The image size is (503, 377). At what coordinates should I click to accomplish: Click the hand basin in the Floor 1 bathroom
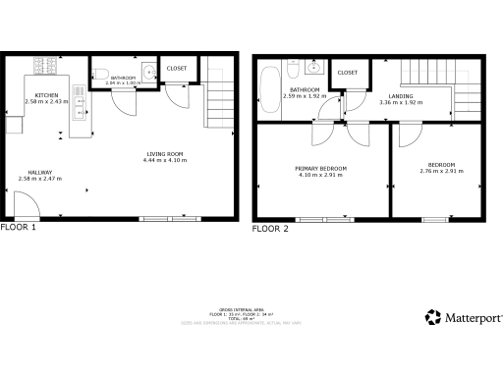pyautogui.click(x=145, y=72)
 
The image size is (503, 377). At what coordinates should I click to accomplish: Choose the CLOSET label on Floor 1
pyautogui.click(x=177, y=69)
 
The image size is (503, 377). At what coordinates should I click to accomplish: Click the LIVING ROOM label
pyautogui.click(x=164, y=153)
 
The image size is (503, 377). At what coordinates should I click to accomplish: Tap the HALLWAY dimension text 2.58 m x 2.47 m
pyautogui.click(x=40, y=178)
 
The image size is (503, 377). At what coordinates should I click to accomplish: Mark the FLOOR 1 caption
pyautogui.click(x=19, y=227)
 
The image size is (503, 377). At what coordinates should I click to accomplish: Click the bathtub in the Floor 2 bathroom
pyautogui.click(x=270, y=88)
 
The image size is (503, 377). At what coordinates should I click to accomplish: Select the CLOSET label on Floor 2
pyautogui.click(x=347, y=73)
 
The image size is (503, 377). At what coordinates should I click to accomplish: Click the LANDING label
pyautogui.click(x=372, y=96)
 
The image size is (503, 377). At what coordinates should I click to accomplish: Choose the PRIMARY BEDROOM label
pyautogui.click(x=320, y=168)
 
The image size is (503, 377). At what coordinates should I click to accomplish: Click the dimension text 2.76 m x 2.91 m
pyautogui.click(x=441, y=172)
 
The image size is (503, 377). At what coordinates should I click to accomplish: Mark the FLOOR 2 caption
pyautogui.click(x=270, y=228)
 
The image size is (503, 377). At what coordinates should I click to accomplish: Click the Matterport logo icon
pyautogui.click(x=432, y=317)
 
